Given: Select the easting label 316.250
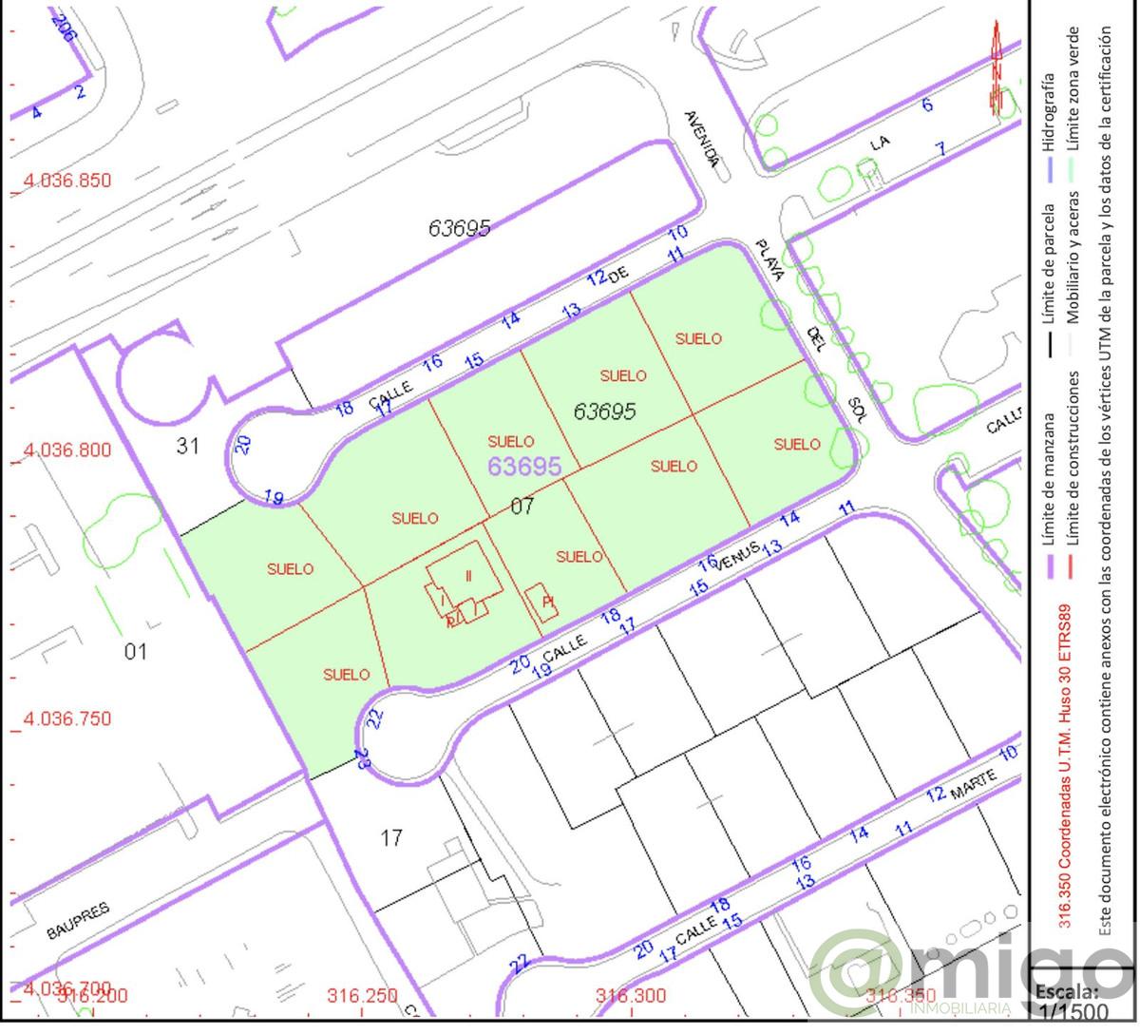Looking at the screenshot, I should (361, 996).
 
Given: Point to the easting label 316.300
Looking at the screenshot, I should (630, 996).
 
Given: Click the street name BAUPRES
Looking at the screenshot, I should (78, 921).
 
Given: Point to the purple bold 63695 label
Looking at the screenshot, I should (524, 466).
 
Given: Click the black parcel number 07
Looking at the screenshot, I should (522, 506).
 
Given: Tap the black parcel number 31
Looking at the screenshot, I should (187, 445).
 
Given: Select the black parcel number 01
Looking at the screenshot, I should (136, 652).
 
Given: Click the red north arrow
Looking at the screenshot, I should (997, 67).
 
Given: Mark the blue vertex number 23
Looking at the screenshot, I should (361, 757).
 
